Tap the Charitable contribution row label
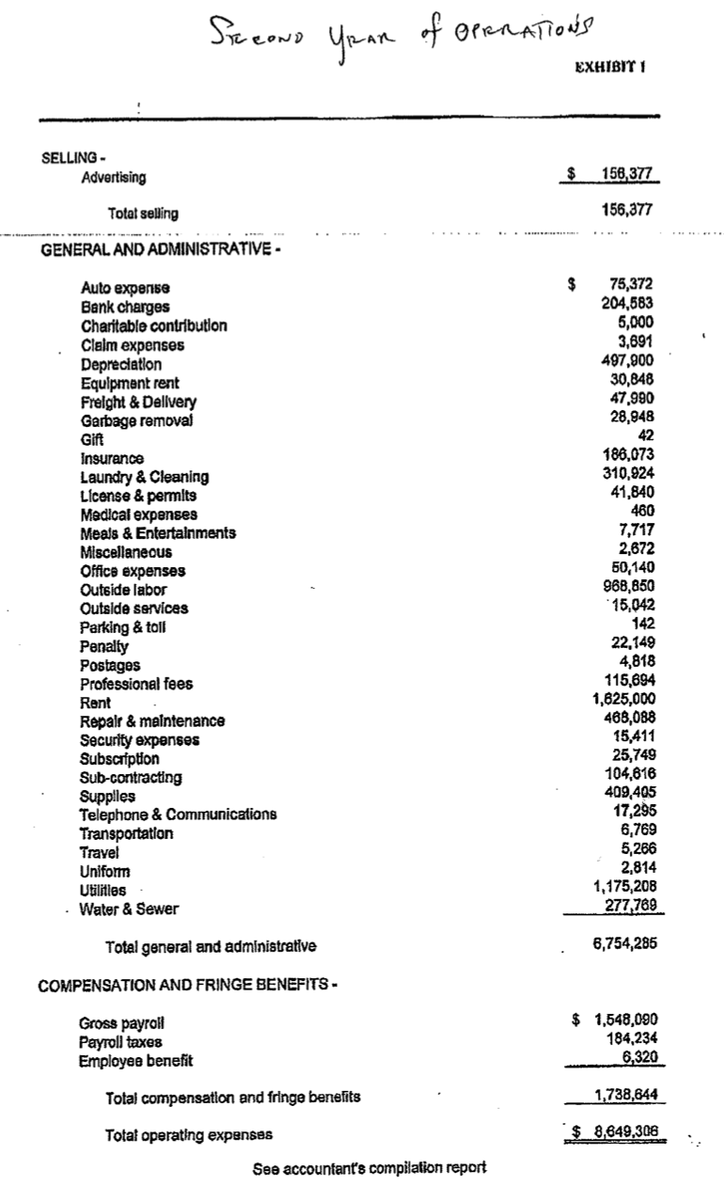click(153, 325)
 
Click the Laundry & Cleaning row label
click(145, 477)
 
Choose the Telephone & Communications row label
click(178, 815)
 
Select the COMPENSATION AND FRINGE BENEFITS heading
click(183, 985)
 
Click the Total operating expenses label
click(190, 1135)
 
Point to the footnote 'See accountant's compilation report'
click(370, 1169)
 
